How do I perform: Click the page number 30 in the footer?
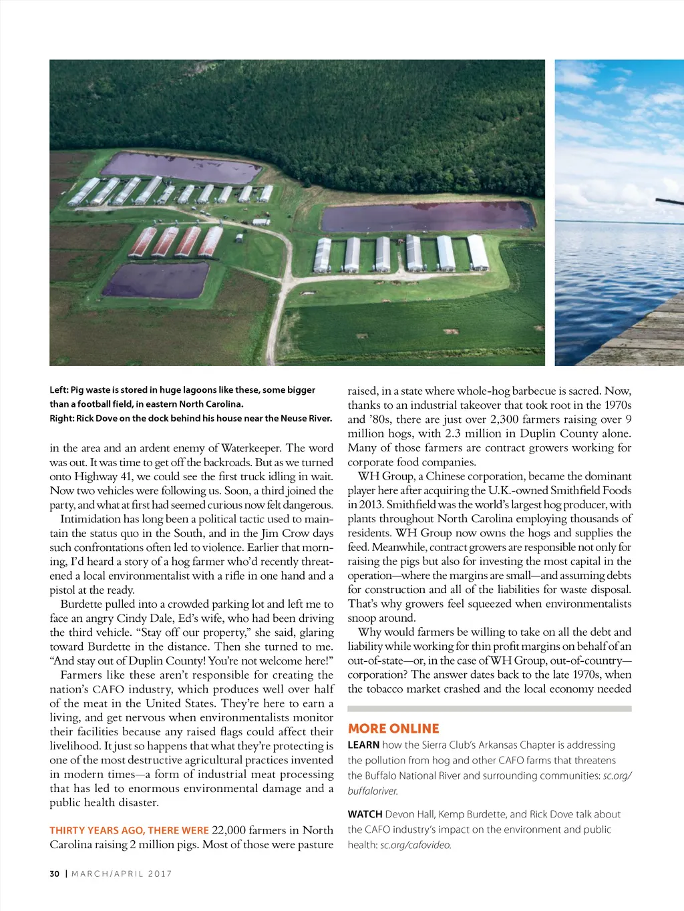(54, 874)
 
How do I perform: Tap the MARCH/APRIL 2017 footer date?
(122, 874)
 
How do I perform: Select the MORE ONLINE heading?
(393, 729)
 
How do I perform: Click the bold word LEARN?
(363, 745)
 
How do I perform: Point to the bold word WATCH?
(365, 814)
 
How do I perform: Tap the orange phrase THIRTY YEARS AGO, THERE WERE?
(129, 830)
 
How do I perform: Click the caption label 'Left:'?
(59, 390)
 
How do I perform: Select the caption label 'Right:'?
(61, 418)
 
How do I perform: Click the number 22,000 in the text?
(228, 830)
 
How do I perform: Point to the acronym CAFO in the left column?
(108, 689)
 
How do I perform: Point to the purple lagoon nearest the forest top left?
(180, 168)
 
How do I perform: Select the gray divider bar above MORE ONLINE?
(489, 709)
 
